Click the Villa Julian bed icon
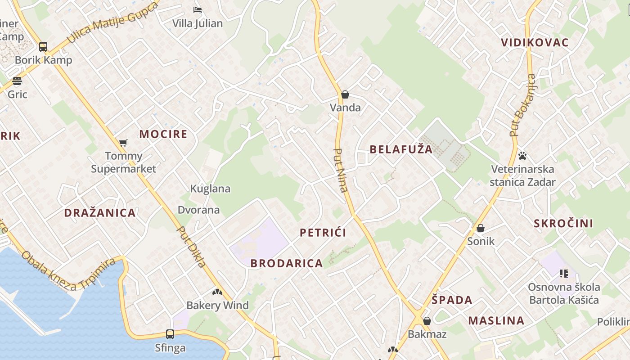tap(197, 9)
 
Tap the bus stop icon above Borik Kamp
tap(43, 46)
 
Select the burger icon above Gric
tap(17, 81)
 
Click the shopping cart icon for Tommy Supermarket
tap(123, 143)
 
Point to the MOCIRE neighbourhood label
tap(163, 134)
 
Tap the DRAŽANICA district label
tap(100, 213)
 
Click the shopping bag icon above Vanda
tap(345, 94)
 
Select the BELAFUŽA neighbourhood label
tap(401, 149)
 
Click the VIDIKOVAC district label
tap(535, 43)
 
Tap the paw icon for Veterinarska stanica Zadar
tap(522, 156)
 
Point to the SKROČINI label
tap(563, 223)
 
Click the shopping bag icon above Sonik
tap(481, 228)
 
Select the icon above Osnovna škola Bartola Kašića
tap(564, 273)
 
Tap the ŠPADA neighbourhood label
tap(452, 300)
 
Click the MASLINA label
tap(496, 320)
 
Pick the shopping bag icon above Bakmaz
tap(427, 321)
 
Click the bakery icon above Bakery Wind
tap(217, 292)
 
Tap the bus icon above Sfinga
tap(170, 334)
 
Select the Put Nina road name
tap(341, 170)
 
